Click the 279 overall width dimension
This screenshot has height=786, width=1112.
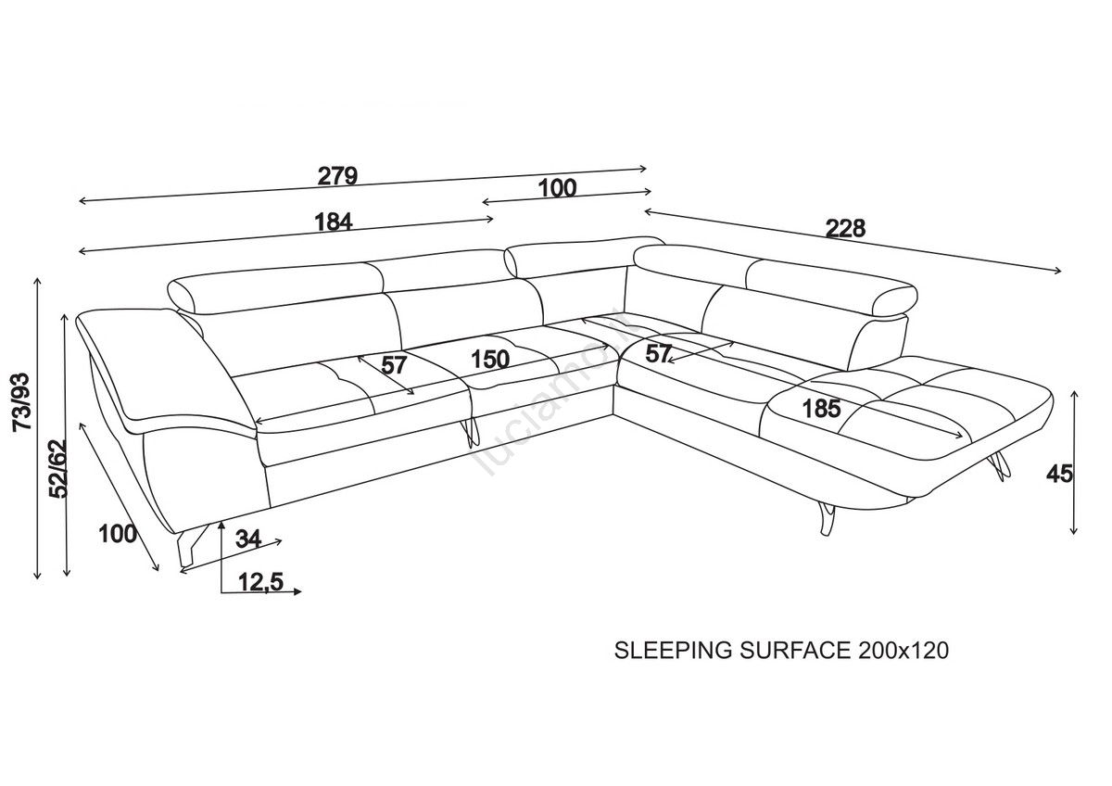click(337, 176)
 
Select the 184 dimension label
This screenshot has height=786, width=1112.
click(334, 222)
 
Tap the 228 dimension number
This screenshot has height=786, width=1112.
click(845, 228)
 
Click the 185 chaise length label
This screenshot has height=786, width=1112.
click(821, 408)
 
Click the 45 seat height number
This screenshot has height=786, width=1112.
click(1059, 474)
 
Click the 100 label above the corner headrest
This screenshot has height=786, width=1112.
click(556, 188)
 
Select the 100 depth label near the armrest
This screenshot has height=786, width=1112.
click(118, 534)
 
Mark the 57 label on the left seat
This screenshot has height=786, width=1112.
click(395, 364)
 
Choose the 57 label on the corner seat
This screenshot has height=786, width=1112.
click(659, 353)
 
